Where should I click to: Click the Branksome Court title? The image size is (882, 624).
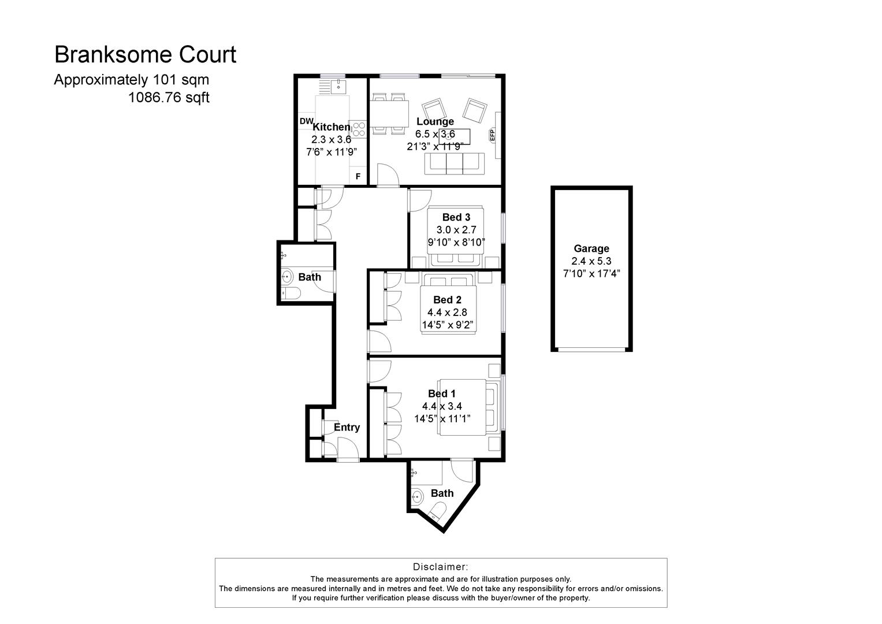coord(145,55)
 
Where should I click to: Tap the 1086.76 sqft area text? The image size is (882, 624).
coord(169,98)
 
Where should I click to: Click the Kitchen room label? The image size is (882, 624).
coord(331,127)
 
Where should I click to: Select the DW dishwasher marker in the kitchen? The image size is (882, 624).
coord(306,121)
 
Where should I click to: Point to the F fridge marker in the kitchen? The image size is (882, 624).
coord(358,177)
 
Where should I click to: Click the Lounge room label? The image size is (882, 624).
coord(435,121)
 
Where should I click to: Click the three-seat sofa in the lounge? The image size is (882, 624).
coord(455,164)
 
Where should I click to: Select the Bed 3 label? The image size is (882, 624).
coord(456,217)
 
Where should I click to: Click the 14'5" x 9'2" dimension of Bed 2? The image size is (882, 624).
coord(448,325)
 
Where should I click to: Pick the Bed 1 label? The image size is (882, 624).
coord(442,393)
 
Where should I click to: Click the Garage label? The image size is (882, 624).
coord(591,248)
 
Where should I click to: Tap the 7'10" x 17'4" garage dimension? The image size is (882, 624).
coord(591,273)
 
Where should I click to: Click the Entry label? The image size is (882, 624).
coord(347,428)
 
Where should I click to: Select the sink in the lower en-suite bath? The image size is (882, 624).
coord(417,496)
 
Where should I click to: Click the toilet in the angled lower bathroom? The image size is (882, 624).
coord(438,511)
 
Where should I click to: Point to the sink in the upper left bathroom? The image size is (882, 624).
coord(287,277)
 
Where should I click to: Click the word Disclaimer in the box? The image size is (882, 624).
coord(440,567)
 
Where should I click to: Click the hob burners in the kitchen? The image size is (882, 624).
coord(359,129)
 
